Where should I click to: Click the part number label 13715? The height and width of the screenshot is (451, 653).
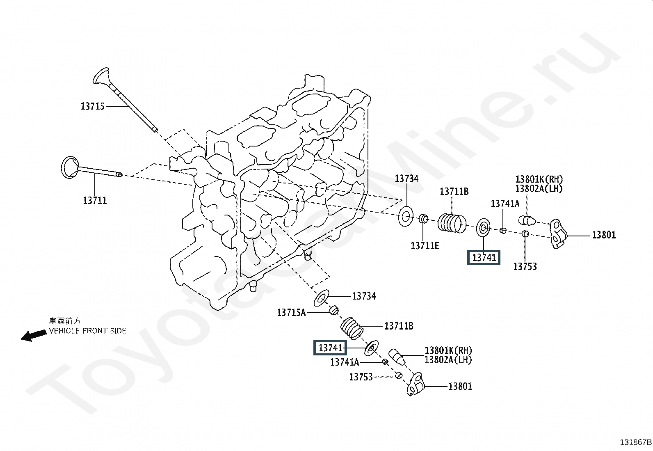pos(93,106)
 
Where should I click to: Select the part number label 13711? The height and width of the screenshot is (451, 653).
pos(95,201)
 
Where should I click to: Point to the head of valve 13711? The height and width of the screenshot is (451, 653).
pos(70,167)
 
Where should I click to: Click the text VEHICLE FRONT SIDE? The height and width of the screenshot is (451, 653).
pos(88,331)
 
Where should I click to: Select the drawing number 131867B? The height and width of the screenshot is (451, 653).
pos(635,442)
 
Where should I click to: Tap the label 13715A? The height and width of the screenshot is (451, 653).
pos(291,313)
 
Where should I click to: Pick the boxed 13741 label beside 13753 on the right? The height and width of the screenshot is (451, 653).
pos(484,258)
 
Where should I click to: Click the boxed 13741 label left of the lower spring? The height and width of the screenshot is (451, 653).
pos(330,348)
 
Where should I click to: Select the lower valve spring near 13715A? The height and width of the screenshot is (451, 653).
pos(352,328)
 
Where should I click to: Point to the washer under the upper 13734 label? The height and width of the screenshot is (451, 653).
pos(406,216)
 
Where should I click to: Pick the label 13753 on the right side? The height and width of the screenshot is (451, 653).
pos(525,267)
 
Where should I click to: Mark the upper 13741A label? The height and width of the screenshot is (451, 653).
pos(505,204)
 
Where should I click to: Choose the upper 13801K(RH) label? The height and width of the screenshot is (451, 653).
pos(539,179)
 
